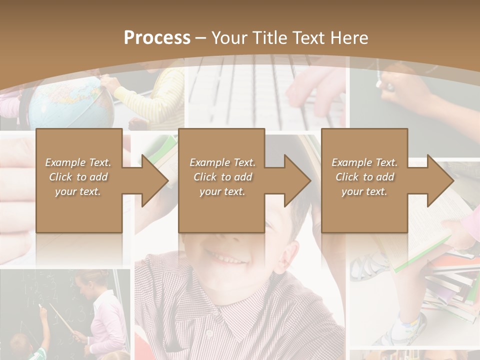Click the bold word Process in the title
(157, 38)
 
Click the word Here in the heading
(348, 38)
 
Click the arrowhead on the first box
(155, 180)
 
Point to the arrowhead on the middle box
(297, 180)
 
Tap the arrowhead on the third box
(440, 180)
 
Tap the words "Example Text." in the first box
(78, 162)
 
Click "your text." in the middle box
(222, 191)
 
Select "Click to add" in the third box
(364, 177)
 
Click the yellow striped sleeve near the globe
(160, 95)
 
